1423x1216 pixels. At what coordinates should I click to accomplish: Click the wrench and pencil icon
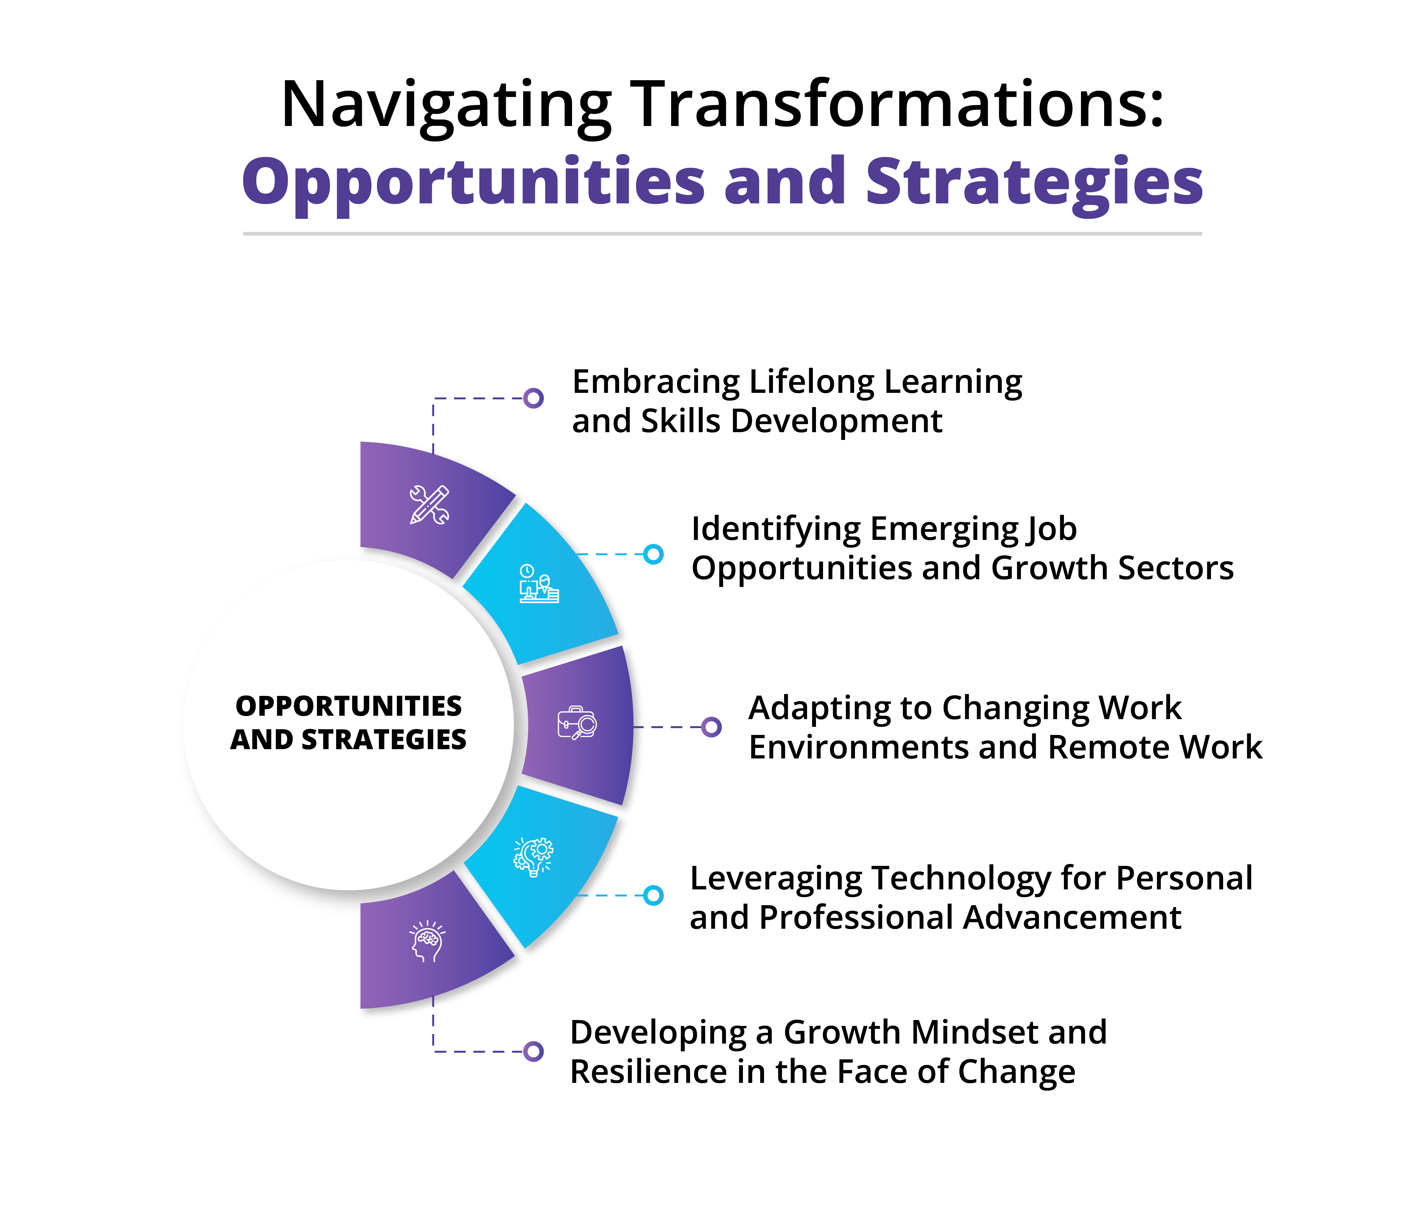click(x=429, y=505)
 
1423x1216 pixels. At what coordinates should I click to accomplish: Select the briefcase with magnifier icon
click(x=577, y=723)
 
